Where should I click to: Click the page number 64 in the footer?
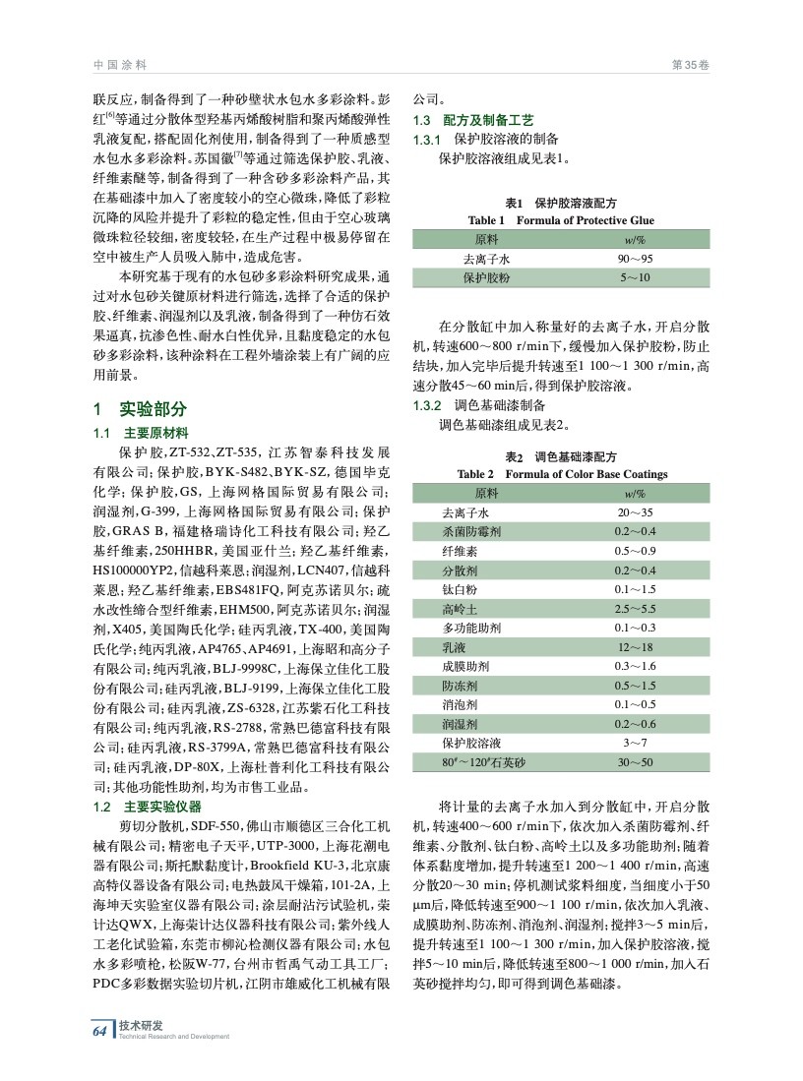(98, 1030)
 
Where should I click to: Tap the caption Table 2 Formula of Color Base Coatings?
(563, 474)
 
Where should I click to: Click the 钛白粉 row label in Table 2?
(459, 589)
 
